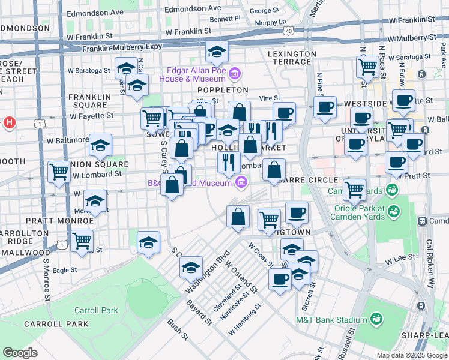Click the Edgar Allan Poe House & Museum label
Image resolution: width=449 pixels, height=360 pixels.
193,74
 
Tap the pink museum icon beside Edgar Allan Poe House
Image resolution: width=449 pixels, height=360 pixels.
235,74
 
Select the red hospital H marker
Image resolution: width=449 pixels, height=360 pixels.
9,123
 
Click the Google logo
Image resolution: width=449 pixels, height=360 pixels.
20,353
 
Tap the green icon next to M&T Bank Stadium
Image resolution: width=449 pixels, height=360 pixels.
376,318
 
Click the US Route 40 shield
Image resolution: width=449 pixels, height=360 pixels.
289,31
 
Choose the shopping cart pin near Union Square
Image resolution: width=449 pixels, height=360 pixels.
60,172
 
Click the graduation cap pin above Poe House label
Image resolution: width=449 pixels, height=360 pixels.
217,52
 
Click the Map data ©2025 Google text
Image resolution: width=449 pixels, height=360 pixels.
411,355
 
